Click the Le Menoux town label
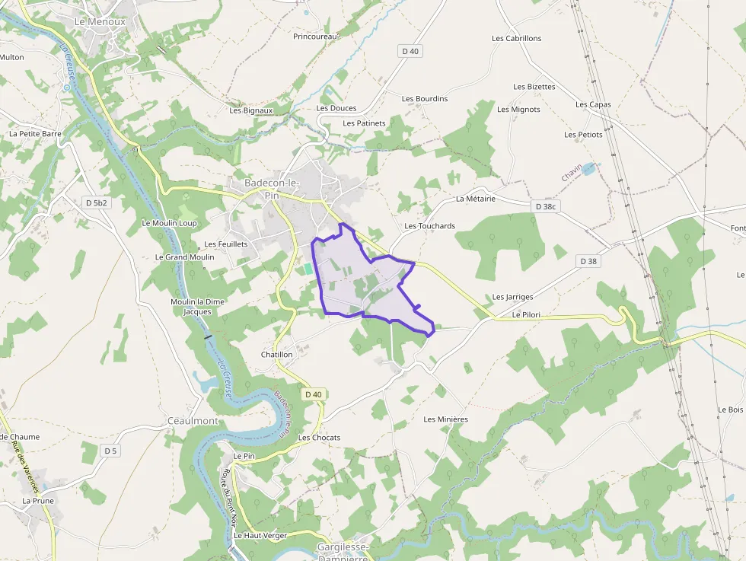pos(100,22)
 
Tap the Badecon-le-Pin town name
pos(273,189)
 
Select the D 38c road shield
pos(546,206)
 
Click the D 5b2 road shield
pos(97,202)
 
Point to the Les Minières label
pos(446,419)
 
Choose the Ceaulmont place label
pos(193,421)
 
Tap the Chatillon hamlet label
pos(277,355)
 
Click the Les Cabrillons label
pos(517,38)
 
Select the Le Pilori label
pos(526,314)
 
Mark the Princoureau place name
pos(315,36)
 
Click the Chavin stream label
pos(572,173)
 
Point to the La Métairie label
pos(476,199)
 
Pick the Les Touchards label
pos(430,226)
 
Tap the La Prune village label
pos(37,501)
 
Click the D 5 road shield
pos(111,451)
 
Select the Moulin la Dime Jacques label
pos(198,306)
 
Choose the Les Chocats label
pos(319,438)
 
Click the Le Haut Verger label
pos(260,535)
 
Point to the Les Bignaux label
pos(251,110)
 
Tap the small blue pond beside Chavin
pos(589,168)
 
